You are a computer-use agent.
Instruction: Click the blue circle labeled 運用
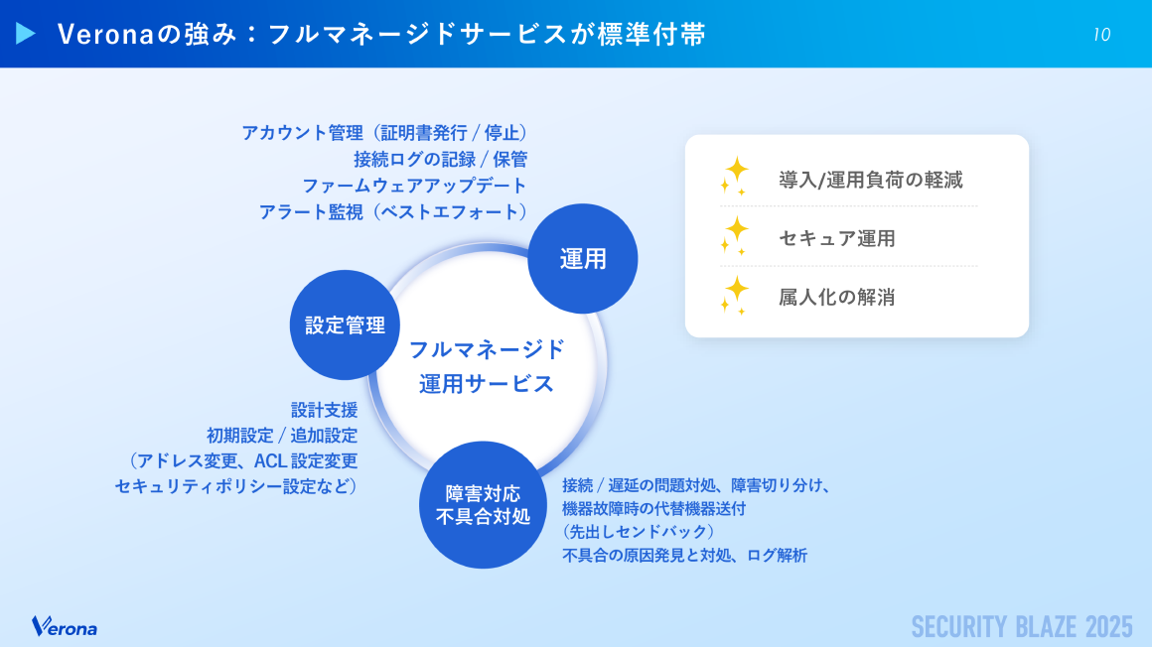(582, 259)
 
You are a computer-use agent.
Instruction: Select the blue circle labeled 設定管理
(345, 325)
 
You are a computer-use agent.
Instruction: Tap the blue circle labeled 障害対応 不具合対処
(484, 505)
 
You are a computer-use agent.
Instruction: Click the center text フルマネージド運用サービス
(487, 366)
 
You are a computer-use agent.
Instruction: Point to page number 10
(1101, 35)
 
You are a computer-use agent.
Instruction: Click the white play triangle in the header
(26, 34)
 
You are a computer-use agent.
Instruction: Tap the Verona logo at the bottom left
(65, 627)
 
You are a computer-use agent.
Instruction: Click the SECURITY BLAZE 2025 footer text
(1022, 627)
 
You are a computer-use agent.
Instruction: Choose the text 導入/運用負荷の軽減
(870, 181)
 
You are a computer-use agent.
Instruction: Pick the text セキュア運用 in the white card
(837, 238)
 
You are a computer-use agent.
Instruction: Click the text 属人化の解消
(836, 296)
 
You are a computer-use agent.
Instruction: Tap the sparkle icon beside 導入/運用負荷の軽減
(735, 177)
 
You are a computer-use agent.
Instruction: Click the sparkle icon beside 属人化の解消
(735, 294)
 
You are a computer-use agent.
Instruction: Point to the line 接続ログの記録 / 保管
(440, 159)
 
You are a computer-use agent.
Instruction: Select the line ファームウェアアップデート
(414, 186)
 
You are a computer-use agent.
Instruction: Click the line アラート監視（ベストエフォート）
(392, 211)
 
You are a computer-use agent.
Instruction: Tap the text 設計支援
(324, 409)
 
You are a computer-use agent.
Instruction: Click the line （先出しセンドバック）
(638, 532)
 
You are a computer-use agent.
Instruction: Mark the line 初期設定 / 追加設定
(282, 435)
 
